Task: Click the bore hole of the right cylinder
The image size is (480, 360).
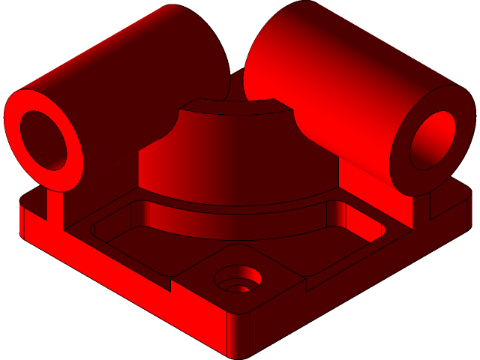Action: [433, 139]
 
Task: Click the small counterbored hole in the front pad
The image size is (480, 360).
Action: [238, 280]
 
